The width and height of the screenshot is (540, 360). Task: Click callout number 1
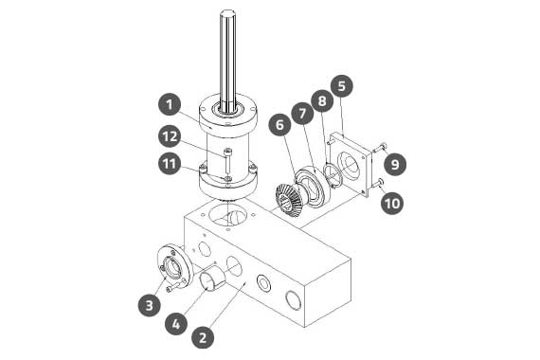click(x=170, y=105)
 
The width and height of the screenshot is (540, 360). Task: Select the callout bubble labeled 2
click(x=203, y=337)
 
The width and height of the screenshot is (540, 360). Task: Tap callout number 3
click(x=149, y=305)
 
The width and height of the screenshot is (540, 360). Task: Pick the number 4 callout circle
click(x=176, y=324)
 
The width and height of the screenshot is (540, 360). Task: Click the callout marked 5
click(x=342, y=86)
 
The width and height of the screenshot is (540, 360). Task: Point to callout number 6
click(x=280, y=125)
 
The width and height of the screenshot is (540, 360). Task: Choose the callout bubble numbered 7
click(x=302, y=114)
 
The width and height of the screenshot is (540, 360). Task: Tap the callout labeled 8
click(x=322, y=101)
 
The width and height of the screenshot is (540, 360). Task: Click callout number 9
click(x=395, y=164)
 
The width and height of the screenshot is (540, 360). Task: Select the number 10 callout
click(x=392, y=204)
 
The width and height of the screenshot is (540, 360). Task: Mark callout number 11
click(x=170, y=164)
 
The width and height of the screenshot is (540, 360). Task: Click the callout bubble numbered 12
click(x=170, y=136)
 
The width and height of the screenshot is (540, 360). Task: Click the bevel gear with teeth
click(x=289, y=200)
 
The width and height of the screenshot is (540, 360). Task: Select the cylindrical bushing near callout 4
click(x=213, y=278)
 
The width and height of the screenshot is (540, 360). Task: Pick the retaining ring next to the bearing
click(x=333, y=175)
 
